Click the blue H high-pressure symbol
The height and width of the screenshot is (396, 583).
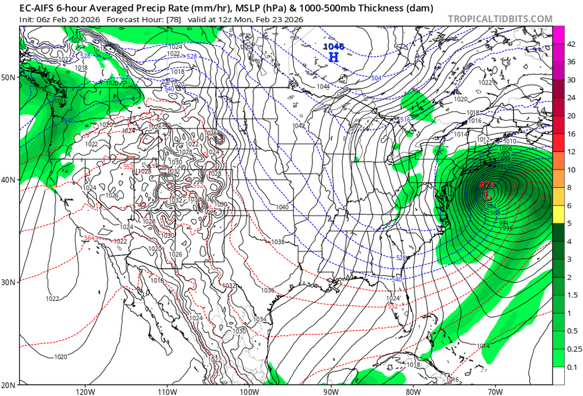point(333,57)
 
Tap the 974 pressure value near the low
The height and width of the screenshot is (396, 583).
point(487,185)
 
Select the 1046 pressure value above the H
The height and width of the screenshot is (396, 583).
point(334,46)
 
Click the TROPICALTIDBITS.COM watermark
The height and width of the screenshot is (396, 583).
point(500,19)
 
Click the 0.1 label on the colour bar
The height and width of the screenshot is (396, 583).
point(572,367)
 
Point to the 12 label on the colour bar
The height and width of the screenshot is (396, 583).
point(572,152)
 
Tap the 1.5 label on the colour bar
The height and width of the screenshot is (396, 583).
point(572,295)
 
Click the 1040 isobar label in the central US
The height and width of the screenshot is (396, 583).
point(283,208)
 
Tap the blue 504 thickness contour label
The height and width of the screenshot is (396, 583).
point(376,78)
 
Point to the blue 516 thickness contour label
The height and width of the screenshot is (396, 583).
point(405,120)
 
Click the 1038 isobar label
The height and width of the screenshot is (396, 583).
point(278,241)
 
